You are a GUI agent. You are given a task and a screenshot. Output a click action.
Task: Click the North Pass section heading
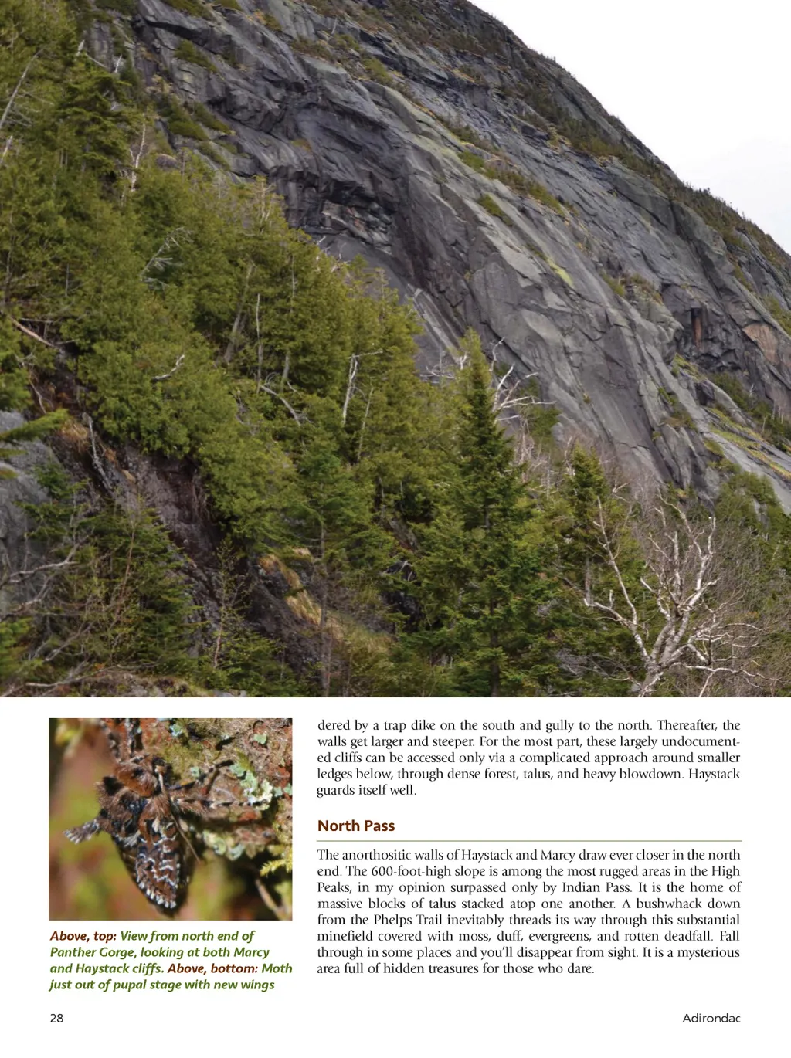pyautogui.click(x=356, y=826)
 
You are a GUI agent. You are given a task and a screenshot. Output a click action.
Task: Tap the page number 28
pyautogui.click(x=56, y=1018)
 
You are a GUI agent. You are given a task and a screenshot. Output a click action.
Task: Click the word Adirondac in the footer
pyautogui.click(x=711, y=1018)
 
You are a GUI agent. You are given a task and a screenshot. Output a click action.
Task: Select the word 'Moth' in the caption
pyautogui.click(x=277, y=968)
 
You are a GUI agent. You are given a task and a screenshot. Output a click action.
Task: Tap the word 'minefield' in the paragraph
pyautogui.click(x=343, y=936)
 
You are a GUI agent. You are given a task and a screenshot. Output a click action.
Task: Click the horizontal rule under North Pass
pyautogui.click(x=529, y=840)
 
